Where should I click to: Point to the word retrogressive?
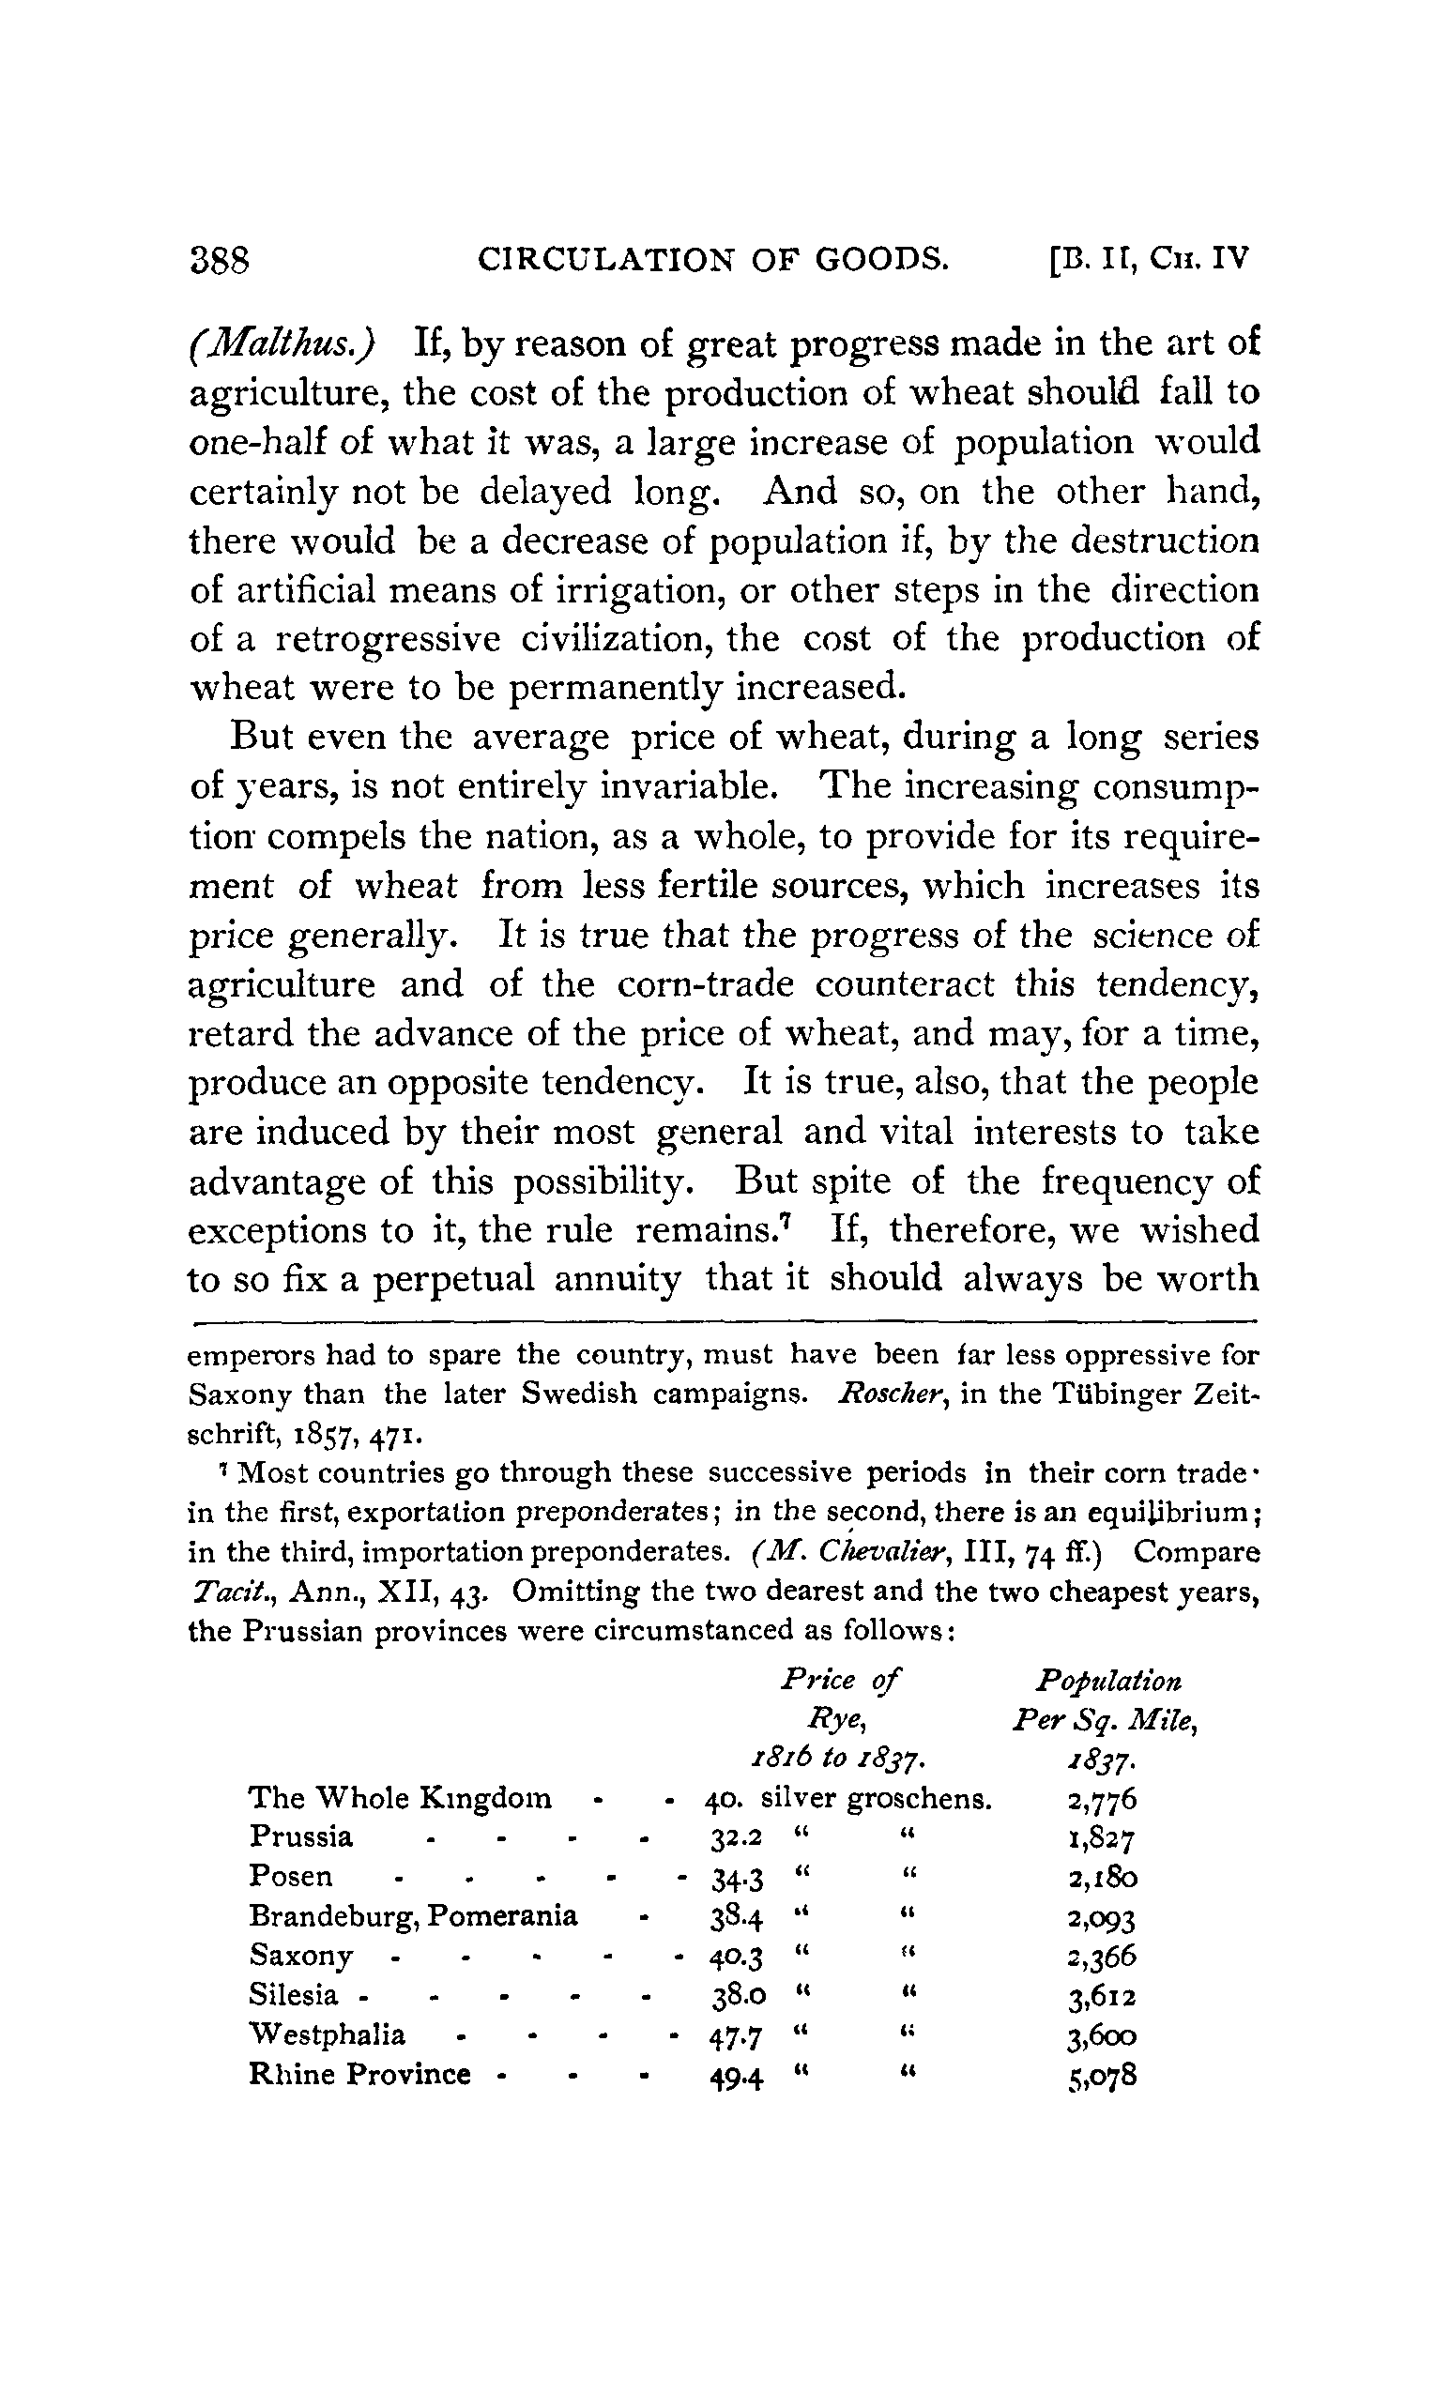[388, 639]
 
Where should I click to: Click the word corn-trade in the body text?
[706, 983]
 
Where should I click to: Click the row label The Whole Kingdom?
[401, 1798]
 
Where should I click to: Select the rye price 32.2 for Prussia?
[736, 1838]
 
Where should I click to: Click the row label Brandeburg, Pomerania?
[413, 1915]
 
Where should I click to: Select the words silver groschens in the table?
[877, 1798]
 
